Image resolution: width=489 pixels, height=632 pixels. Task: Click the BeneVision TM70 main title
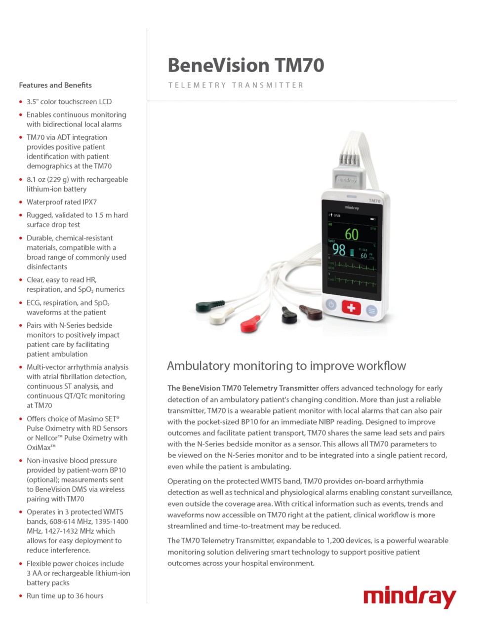click(245, 65)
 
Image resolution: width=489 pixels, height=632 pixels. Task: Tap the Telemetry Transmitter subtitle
click(236, 85)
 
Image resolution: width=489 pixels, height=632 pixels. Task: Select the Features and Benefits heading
click(55, 85)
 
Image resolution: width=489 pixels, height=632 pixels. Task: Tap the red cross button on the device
click(351, 309)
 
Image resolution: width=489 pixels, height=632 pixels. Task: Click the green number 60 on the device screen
click(352, 234)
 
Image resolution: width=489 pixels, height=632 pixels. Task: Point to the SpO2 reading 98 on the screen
click(339, 249)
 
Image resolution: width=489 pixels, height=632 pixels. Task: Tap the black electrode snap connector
click(289, 315)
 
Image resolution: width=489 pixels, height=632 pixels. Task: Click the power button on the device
click(331, 305)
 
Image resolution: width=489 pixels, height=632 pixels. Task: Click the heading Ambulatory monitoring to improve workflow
click(286, 366)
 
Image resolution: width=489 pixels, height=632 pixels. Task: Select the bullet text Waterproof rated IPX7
click(62, 202)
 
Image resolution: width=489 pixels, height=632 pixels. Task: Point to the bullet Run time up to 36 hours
click(65, 596)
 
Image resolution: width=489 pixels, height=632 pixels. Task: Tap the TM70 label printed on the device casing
click(374, 201)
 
